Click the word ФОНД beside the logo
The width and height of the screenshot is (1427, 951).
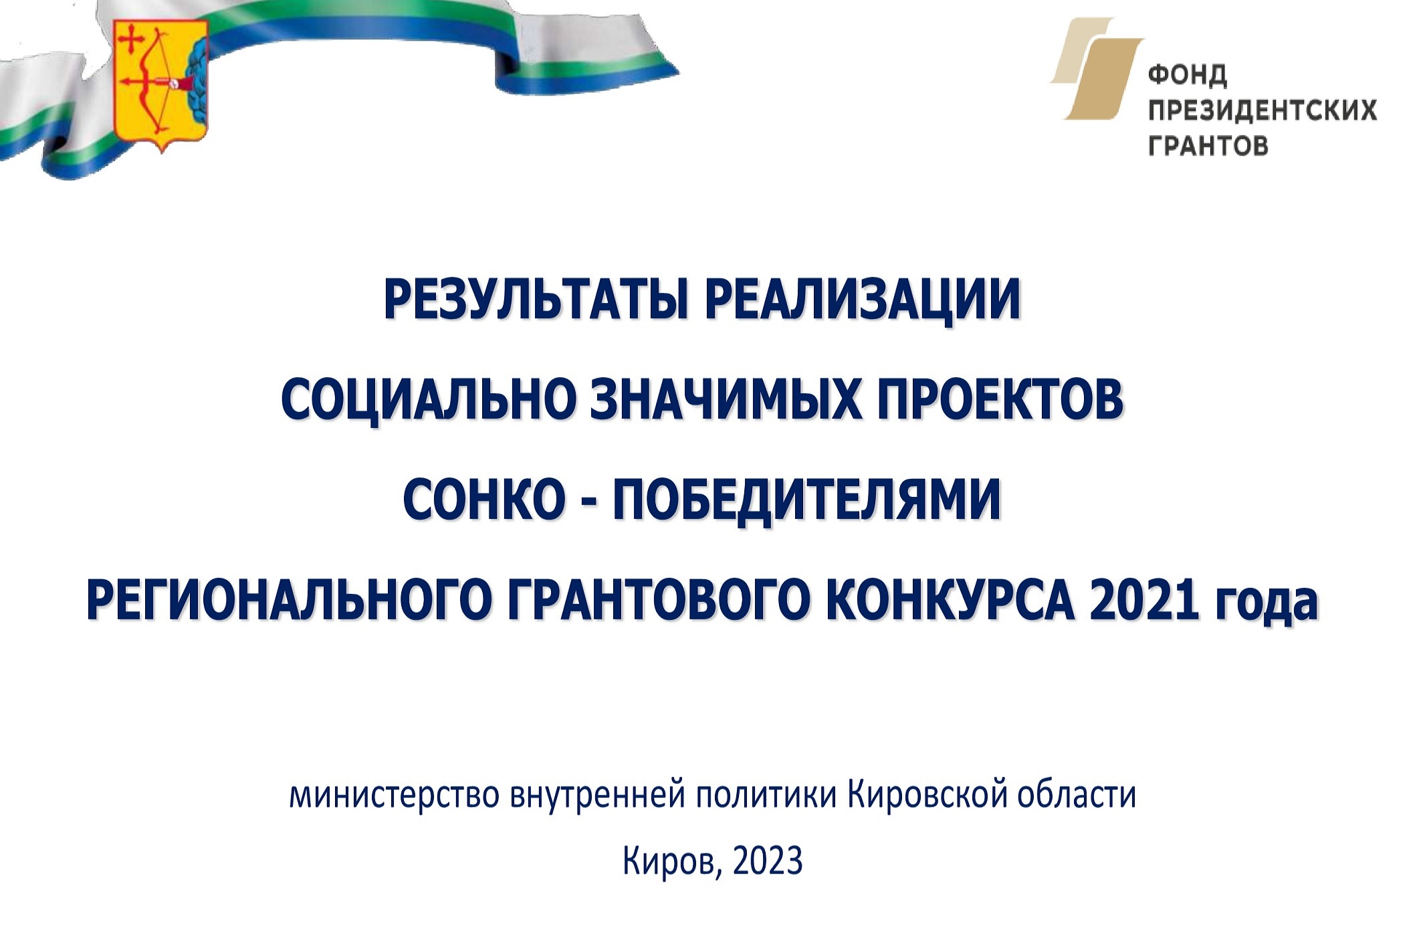point(1188,75)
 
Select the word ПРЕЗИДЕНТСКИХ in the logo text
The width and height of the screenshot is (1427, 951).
point(1263,110)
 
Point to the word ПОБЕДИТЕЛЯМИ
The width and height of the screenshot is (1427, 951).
point(807,500)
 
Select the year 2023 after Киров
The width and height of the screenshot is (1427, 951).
point(768,862)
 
